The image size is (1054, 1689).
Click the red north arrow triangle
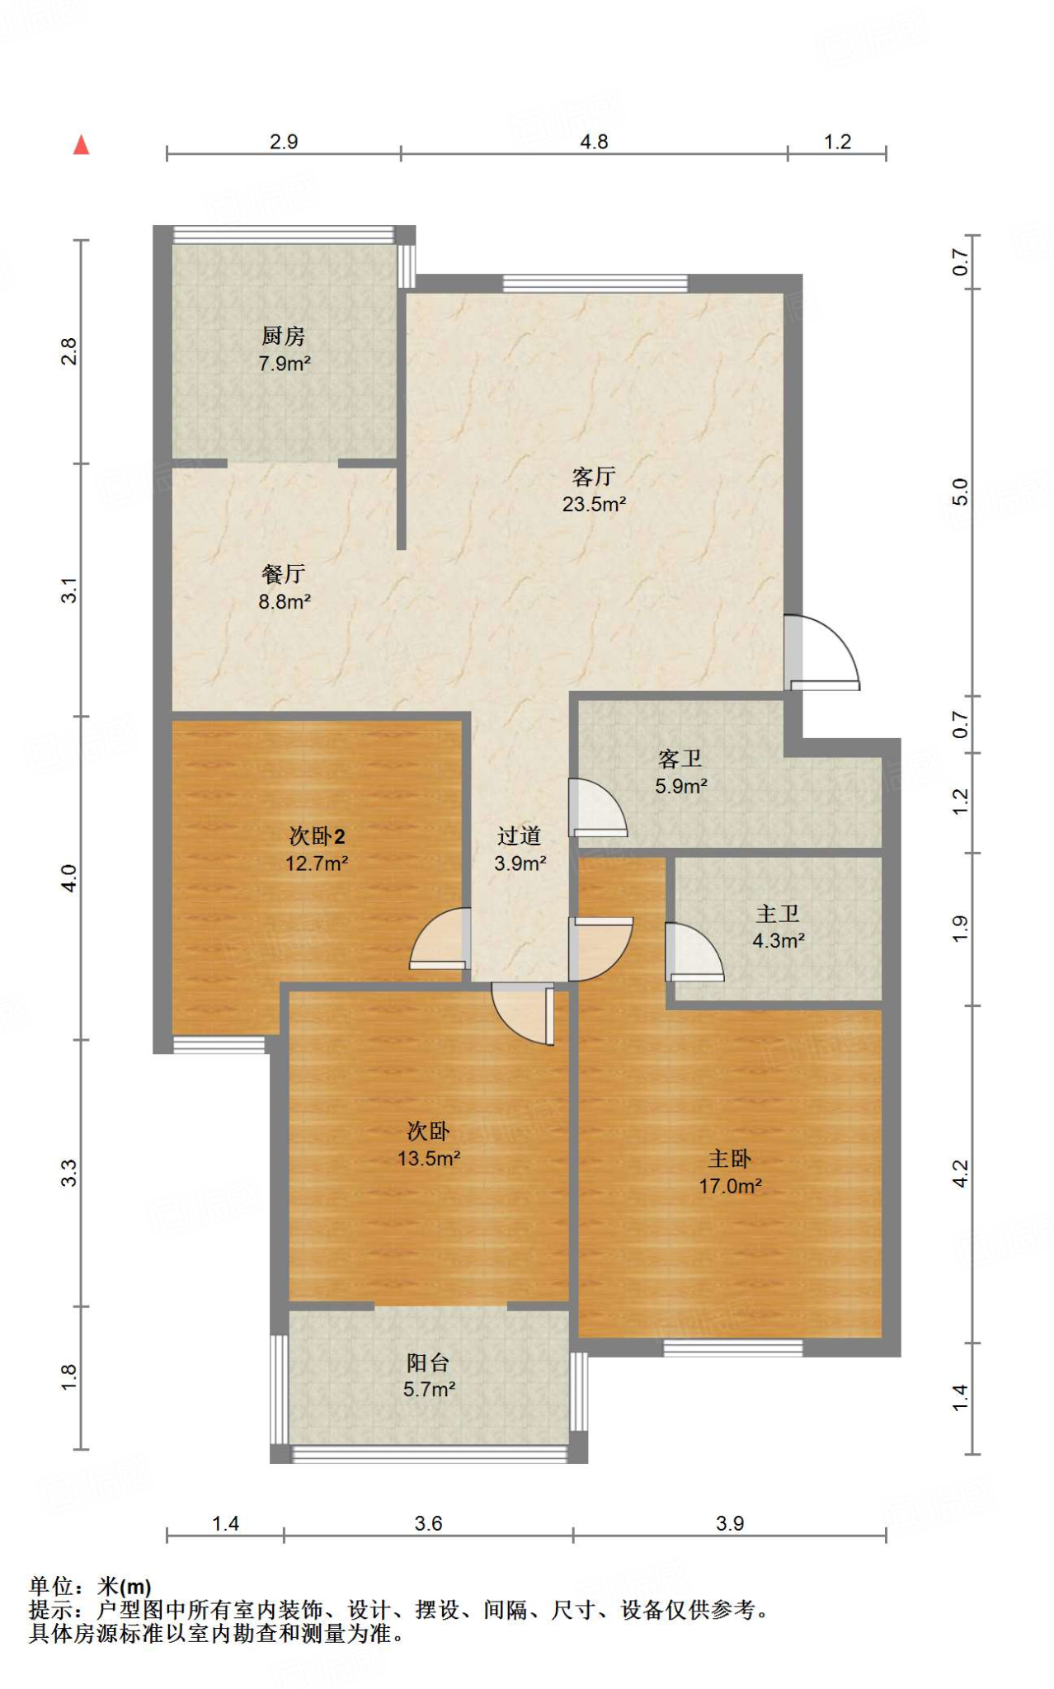(x=81, y=145)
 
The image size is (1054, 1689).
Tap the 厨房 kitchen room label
(x=283, y=336)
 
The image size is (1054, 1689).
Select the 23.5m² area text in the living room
(x=594, y=504)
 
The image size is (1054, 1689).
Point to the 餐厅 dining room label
(x=283, y=573)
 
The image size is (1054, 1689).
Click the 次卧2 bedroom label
(x=317, y=835)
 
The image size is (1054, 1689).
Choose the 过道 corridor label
(x=519, y=835)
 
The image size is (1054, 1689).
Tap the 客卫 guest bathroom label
(x=680, y=758)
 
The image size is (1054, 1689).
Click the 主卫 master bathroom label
(x=778, y=913)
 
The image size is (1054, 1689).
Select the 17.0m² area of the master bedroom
(x=730, y=1186)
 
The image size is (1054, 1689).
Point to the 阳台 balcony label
(x=428, y=1362)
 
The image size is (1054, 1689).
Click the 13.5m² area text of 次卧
(x=428, y=1158)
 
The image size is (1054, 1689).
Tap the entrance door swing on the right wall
(x=821, y=652)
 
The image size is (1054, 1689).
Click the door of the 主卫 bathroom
(x=694, y=952)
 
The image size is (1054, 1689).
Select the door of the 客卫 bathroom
(x=598, y=807)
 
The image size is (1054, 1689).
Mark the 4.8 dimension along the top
(x=594, y=142)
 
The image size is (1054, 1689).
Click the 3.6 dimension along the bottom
(x=428, y=1523)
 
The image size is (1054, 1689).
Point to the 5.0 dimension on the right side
(x=960, y=492)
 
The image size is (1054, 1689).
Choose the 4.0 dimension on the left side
(x=69, y=877)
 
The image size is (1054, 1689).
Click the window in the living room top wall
(x=595, y=283)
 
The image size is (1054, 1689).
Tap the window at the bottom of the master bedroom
(x=733, y=1347)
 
